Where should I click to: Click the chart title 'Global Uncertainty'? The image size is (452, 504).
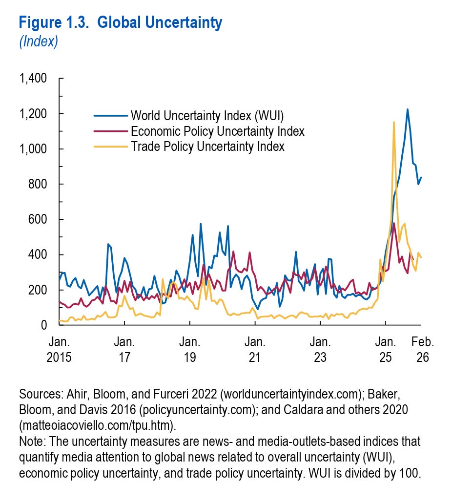160,22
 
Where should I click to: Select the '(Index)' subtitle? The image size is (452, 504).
39,42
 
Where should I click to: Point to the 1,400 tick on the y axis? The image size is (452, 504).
33,79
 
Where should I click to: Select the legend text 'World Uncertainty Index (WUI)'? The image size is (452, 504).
207,116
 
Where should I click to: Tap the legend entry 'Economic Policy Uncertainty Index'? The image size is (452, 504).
217,131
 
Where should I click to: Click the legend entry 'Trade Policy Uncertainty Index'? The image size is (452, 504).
207,146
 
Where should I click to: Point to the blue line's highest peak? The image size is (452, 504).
408,109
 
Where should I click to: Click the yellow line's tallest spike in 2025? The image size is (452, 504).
393,122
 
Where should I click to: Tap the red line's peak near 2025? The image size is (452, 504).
393,223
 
